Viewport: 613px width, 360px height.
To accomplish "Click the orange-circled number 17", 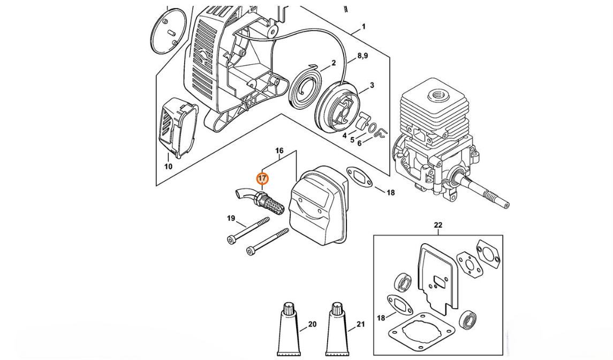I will (262, 178).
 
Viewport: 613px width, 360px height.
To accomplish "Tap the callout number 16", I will (279, 151).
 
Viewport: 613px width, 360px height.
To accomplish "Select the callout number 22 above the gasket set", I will (438, 225).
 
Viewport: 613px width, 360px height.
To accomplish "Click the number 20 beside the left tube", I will (312, 324).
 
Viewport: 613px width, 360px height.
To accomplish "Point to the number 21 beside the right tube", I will (360, 324).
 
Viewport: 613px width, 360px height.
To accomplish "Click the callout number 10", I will (168, 167).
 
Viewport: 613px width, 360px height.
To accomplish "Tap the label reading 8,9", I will (362, 56).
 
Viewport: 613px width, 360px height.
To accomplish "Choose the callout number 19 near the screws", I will (231, 218).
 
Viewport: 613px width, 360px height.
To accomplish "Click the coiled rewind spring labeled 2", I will (304, 92).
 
